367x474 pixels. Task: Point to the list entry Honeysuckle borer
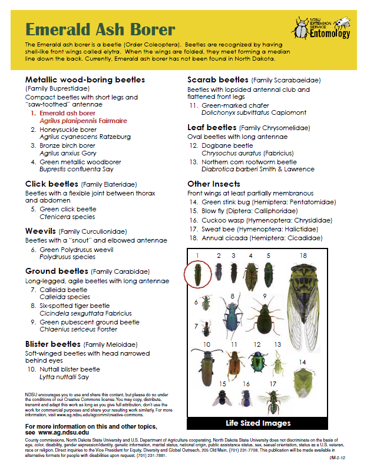click(x=68, y=129)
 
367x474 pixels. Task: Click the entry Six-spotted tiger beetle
click(x=74, y=306)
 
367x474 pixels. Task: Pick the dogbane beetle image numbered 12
click(x=257, y=360)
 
